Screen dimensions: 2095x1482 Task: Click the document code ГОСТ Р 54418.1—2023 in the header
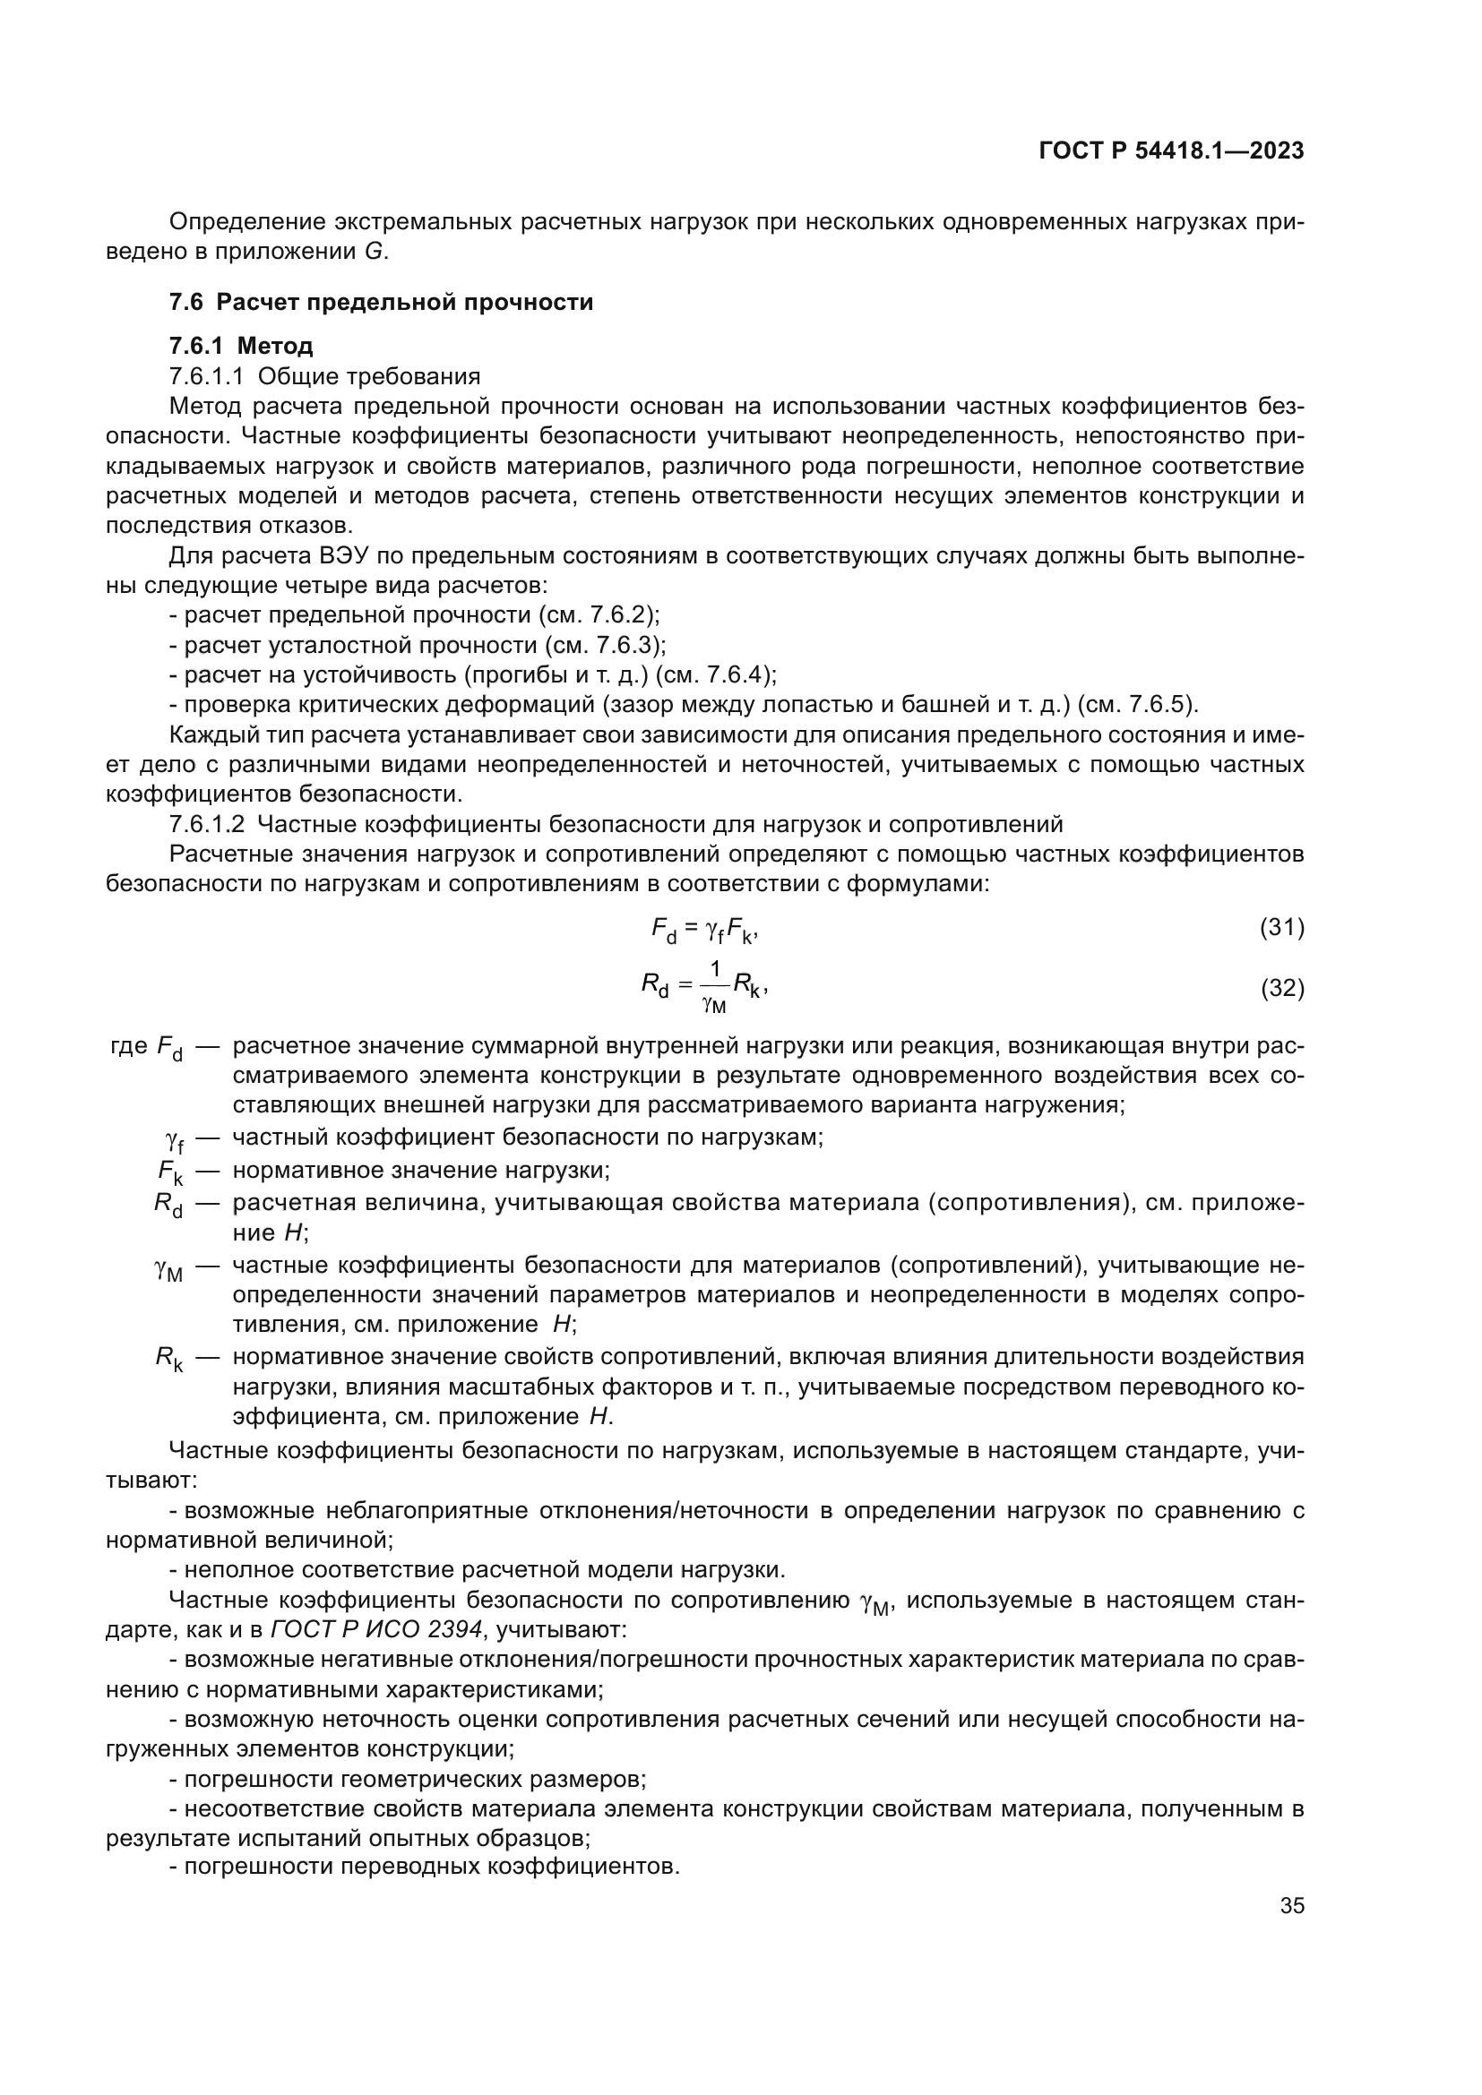[x=1171, y=151]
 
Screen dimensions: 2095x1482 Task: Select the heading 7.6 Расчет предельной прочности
[x=381, y=302]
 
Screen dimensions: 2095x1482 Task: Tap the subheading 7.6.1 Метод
[x=241, y=346]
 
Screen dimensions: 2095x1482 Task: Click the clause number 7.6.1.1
[x=206, y=376]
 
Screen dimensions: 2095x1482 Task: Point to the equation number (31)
[x=1281, y=928]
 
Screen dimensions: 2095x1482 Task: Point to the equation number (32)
[x=1281, y=987]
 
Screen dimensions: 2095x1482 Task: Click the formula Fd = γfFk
[x=703, y=930]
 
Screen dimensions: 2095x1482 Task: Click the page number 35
[x=1291, y=1905]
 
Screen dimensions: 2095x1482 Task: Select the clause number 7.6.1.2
[x=206, y=824]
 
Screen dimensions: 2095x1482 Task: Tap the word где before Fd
[x=129, y=1045]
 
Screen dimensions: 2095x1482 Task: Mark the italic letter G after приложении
[x=374, y=252]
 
